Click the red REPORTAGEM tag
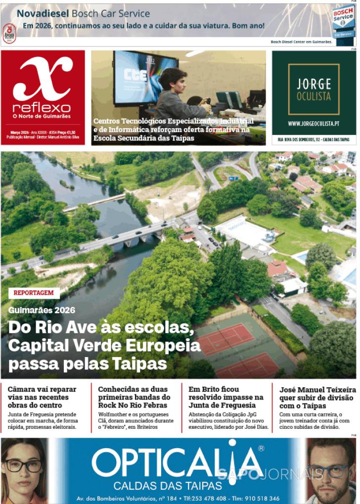(x=34, y=293)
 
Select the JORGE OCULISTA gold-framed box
(x=314, y=89)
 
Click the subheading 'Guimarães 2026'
(x=42, y=310)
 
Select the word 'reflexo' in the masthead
(x=42, y=108)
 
